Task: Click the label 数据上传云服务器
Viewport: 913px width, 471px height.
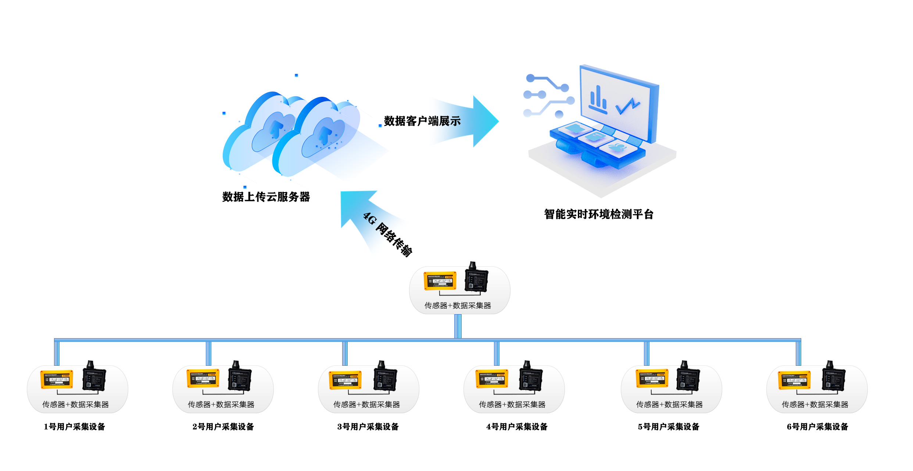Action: click(x=266, y=197)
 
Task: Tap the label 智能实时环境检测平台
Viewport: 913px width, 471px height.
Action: click(x=599, y=214)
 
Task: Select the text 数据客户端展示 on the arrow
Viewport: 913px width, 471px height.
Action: click(x=422, y=121)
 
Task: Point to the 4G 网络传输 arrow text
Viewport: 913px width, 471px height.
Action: click(x=388, y=234)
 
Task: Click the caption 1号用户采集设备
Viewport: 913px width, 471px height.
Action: click(x=75, y=426)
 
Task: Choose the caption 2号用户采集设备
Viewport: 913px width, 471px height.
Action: click(x=223, y=426)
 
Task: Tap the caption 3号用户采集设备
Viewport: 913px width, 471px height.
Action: click(x=368, y=426)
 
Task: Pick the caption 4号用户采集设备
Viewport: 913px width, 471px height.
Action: click(x=517, y=426)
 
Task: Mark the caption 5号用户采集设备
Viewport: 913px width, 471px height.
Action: click(x=669, y=426)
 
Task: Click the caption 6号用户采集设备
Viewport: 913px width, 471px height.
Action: click(x=817, y=426)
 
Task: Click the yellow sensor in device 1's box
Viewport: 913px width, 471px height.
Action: click(x=57, y=379)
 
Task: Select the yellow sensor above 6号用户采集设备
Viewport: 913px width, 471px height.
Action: click(x=794, y=379)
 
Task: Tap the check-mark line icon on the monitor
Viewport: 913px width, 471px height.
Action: click(x=628, y=106)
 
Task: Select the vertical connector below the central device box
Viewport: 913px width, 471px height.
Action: click(x=458, y=326)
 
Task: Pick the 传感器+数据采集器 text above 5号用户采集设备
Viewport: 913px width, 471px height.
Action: click(x=669, y=404)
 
